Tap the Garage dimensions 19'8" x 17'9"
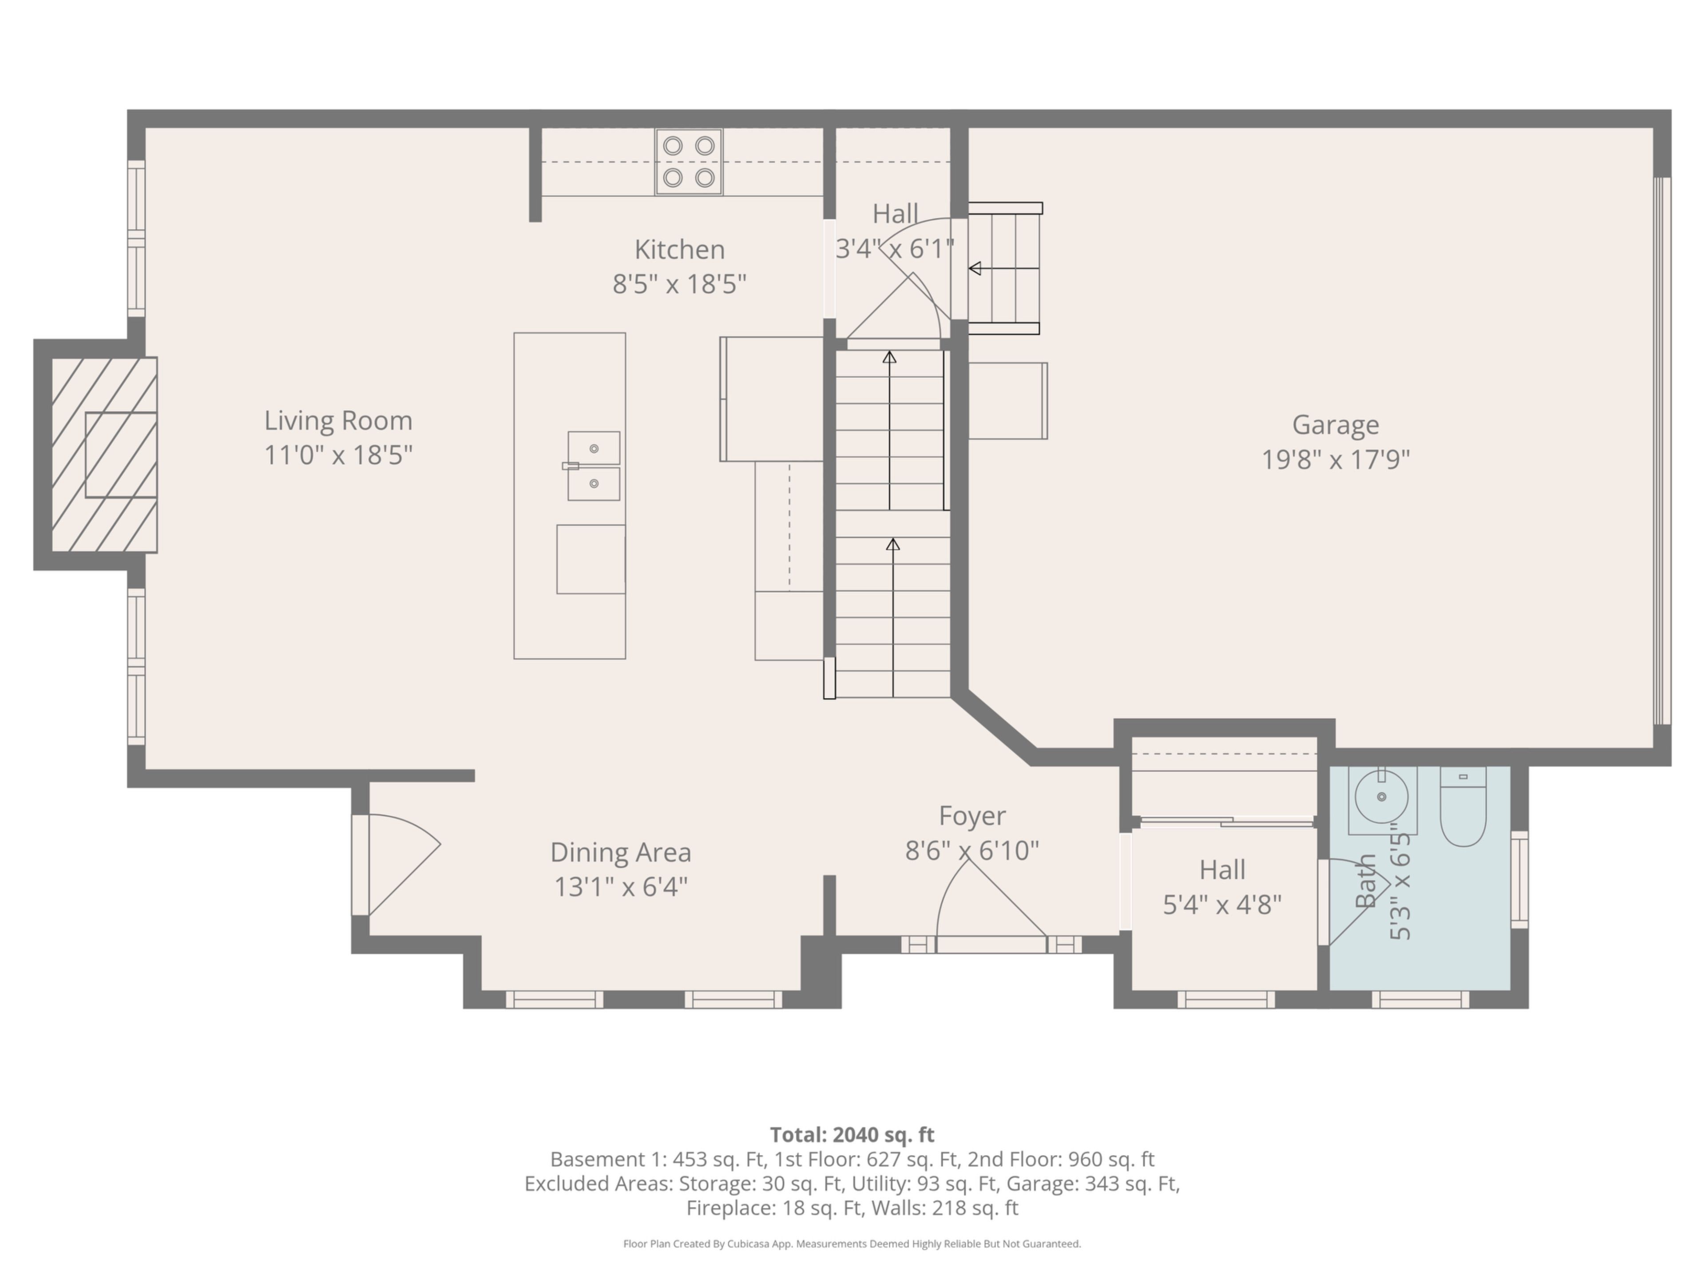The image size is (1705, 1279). (1336, 460)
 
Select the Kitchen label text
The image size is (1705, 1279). (679, 249)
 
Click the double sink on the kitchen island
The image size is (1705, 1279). (594, 466)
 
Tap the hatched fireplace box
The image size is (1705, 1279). (104, 455)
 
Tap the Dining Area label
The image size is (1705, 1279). (620, 852)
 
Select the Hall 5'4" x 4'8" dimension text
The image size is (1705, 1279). (1222, 904)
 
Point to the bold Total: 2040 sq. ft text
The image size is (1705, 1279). (852, 1135)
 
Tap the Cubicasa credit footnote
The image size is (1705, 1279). (852, 1243)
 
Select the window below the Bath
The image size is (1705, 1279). (1420, 1000)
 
